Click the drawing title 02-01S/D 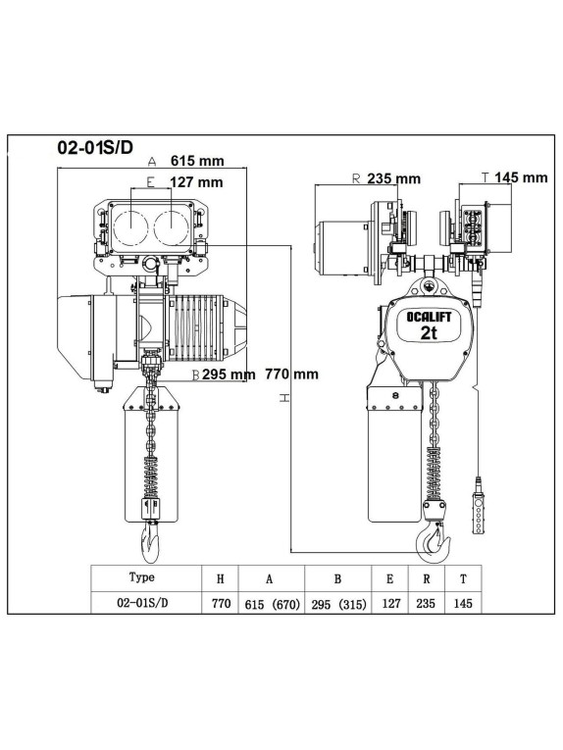[95, 147]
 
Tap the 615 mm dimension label [197, 161]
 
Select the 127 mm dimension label [196, 182]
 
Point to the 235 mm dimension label [393, 178]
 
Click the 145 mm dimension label [521, 177]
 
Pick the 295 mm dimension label [229, 375]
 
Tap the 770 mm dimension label [291, 374]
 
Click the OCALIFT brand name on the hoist [429, 316]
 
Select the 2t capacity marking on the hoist [429, 332]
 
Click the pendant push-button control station [478, 505]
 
